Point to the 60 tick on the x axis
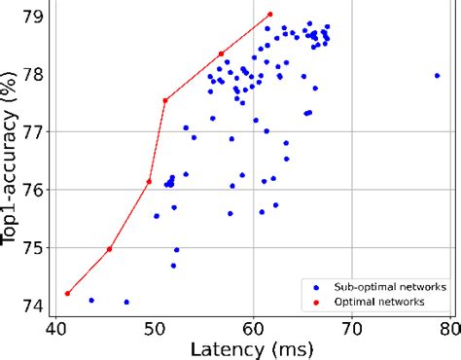[253, 331]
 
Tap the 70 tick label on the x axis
[351, 331]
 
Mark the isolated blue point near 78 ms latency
[437, 75]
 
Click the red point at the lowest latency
[67, 293]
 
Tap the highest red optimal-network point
[269, 15]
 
